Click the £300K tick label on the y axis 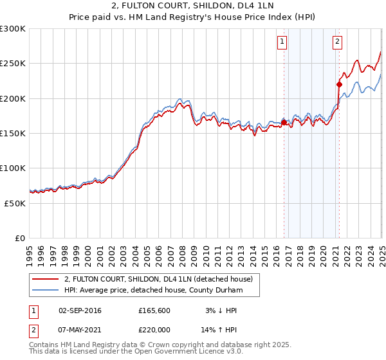point(13,29)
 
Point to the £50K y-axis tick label point(15,203)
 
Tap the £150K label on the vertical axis point(13,133)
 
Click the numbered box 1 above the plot point(282,42)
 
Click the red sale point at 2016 point(284,122)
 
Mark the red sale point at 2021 point(339,84)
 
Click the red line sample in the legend point(45,279)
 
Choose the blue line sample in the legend point(45,290)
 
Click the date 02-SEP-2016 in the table point(80,310)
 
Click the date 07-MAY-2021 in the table point(80,328)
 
